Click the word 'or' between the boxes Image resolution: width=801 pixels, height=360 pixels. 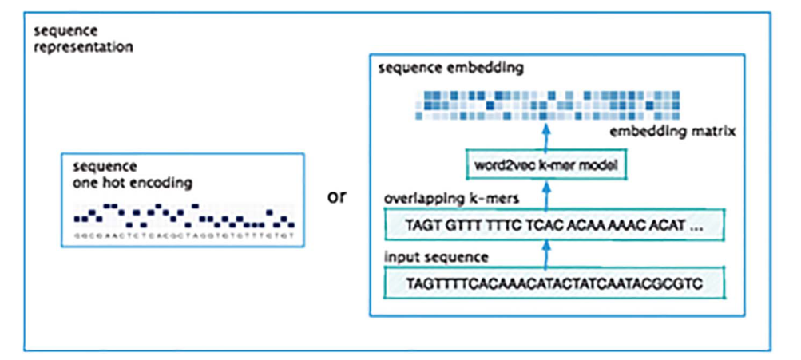[x=338, y=196]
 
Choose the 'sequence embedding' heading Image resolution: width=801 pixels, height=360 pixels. [x=450, y=69]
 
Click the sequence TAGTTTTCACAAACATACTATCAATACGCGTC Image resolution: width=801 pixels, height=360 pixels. [x=554, y=284]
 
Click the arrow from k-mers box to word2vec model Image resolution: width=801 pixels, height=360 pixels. [x=545, y=194]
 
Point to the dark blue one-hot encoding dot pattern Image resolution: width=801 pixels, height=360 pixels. [x=184, y=215]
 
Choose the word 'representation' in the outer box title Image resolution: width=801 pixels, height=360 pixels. [x=84, y=47]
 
